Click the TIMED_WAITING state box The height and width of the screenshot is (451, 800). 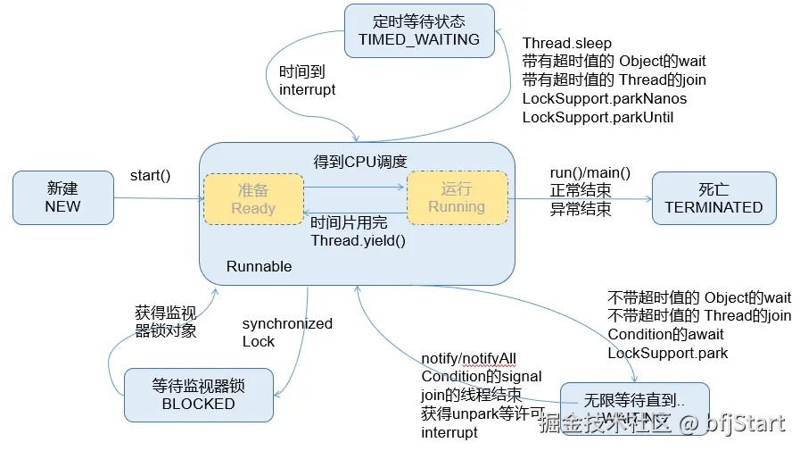tap(418, 30)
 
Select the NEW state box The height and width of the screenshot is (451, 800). tap(62, 198)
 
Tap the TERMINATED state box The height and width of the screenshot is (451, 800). tap(713, 198)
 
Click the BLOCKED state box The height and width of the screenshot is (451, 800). tap(198, 395)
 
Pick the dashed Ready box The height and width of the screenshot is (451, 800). tap(253, 198)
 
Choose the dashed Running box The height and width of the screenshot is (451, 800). tap(457, 197)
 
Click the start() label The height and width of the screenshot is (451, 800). tap(150, 175)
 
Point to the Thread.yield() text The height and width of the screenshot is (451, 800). tap(358, 241)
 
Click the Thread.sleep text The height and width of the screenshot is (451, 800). tap(567, 43)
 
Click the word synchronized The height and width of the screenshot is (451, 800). tap(287, 323)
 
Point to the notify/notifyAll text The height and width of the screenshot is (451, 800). tap(469, 358)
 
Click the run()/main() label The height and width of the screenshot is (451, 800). tap(590, 173)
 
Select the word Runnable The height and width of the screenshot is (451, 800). tap(259, 266)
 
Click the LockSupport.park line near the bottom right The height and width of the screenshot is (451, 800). tap(667, 353)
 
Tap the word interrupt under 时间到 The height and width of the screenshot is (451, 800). tap(308, 90)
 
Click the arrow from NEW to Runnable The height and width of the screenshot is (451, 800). tap(157, 198)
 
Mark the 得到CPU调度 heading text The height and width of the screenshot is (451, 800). tap(359, 162)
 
